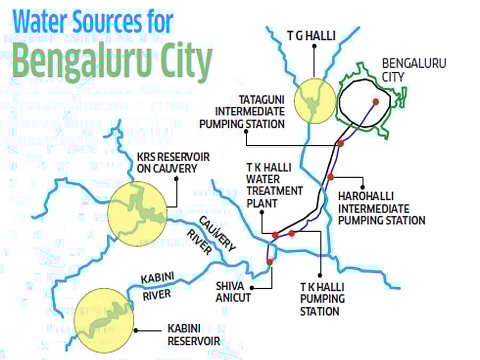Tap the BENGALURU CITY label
point(414,70)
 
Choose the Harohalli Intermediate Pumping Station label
point(381,208)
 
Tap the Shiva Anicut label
point(233,291)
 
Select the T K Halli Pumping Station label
point(323,299)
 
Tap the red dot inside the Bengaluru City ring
point(376,101)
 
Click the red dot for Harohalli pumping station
point(331,177)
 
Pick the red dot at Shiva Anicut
point(269,262)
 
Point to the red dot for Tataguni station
point(340,143)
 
